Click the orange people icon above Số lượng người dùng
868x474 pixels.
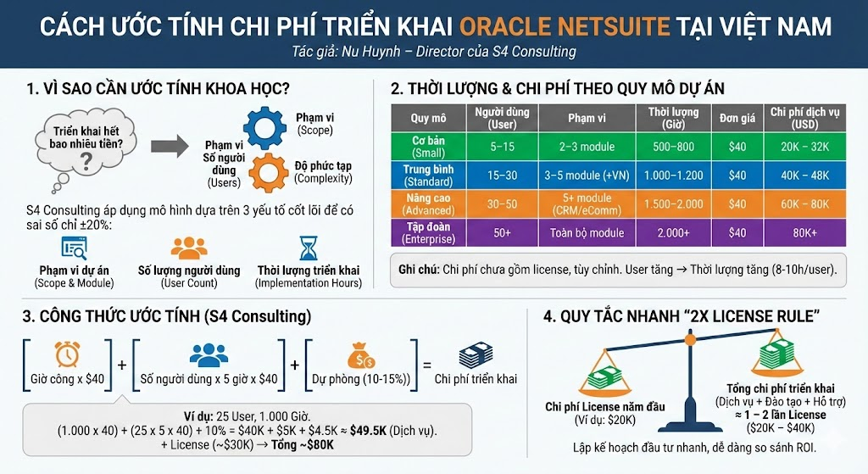click(189, 248)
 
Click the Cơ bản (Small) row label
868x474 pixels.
click(428, 146)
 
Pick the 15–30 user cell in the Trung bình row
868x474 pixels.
click(502, 176)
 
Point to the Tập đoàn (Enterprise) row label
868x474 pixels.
click(428, 232)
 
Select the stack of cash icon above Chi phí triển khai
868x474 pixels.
click(476, 354)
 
